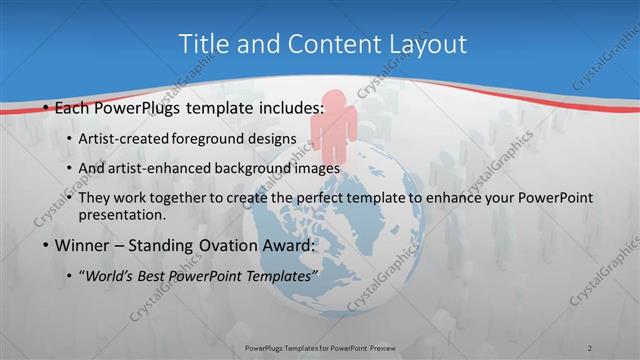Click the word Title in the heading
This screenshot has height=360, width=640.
point(202,44)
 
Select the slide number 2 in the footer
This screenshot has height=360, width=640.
point(591,347)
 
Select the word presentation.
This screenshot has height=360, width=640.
point(125,214)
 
